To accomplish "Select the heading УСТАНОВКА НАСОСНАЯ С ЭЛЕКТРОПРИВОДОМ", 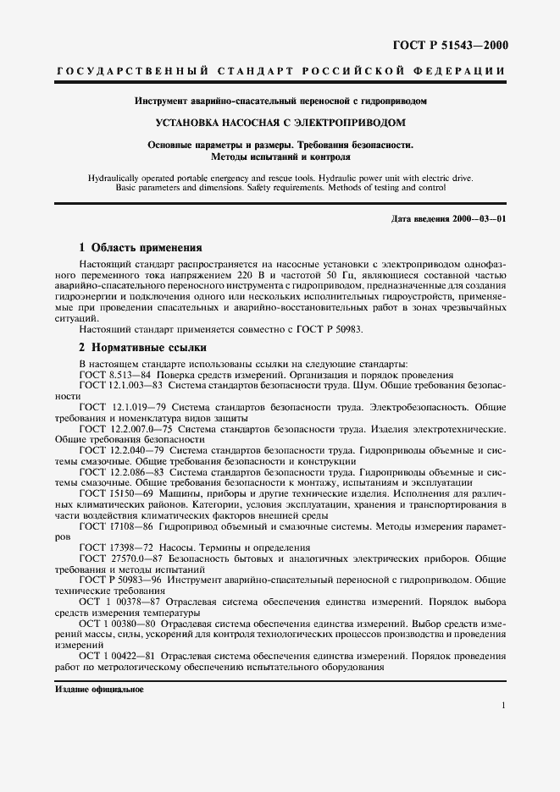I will pyautogui.click(x=280, y=122).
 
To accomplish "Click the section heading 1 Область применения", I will pyautogui.click(x=140, y=248).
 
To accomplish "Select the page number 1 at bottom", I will pyautogui.click(x=504, y=706).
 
